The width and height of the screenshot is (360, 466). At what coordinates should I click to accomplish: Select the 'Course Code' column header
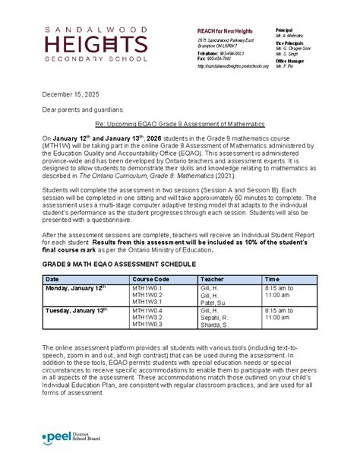150,280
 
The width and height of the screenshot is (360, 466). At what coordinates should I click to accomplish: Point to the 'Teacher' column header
211,280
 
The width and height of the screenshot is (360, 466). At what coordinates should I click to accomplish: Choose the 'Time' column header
272,280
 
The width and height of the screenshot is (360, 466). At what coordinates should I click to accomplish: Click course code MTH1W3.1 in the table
147,303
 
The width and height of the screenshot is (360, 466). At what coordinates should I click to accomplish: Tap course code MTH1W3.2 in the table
147,318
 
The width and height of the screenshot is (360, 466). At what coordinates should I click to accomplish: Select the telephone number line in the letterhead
222,54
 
